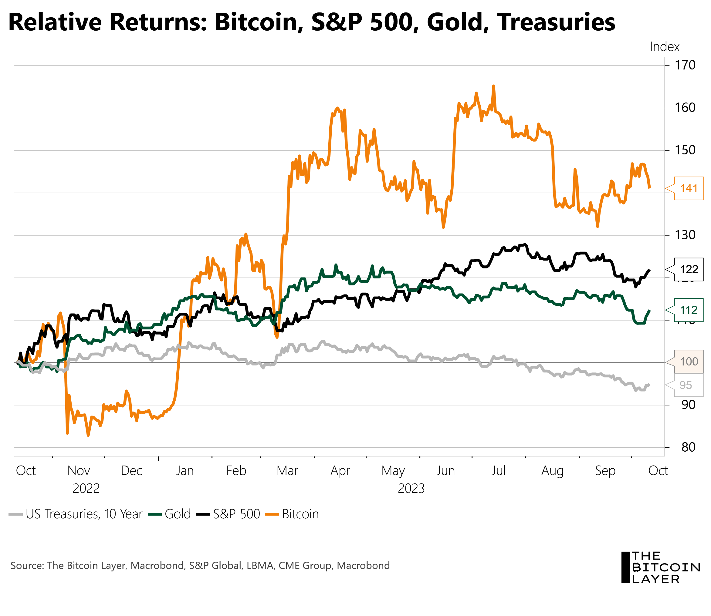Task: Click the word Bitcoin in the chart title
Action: pos(259,22)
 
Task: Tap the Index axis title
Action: pos(664,47)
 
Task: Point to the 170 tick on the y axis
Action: pos(685,65)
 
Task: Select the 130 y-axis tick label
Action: pos(685,235)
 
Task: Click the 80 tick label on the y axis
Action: pos(688,447)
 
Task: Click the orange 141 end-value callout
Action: pos(688,188)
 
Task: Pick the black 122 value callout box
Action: pos(688,270)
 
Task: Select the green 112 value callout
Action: pos(688,310)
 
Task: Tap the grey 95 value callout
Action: pos(686,385)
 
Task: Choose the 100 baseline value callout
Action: pos(689,362)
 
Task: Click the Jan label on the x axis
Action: pos(185,471)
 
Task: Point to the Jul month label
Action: pos(498,471)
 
